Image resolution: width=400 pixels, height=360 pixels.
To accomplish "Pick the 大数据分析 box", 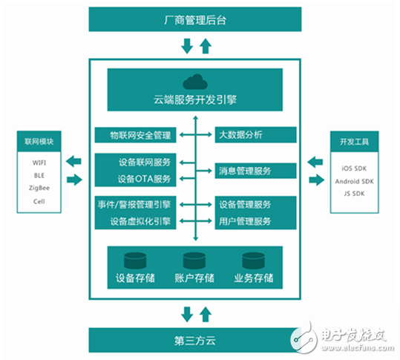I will tap(255, 135).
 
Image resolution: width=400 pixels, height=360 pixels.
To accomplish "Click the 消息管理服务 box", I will tap(255, 171).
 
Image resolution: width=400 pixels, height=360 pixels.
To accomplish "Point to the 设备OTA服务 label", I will tap(144, 179).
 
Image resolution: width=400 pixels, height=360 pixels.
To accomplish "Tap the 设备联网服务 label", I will tap(144, 163).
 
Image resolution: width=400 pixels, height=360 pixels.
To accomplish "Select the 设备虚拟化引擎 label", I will tap(142, 220).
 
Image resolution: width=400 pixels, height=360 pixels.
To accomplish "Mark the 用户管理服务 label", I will tap(246, 220).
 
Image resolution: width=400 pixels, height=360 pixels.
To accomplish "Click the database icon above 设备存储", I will tap(135, 261).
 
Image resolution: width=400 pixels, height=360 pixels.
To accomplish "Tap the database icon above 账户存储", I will tap(194, 261).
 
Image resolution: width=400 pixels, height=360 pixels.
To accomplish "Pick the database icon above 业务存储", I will tap(253, 261).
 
